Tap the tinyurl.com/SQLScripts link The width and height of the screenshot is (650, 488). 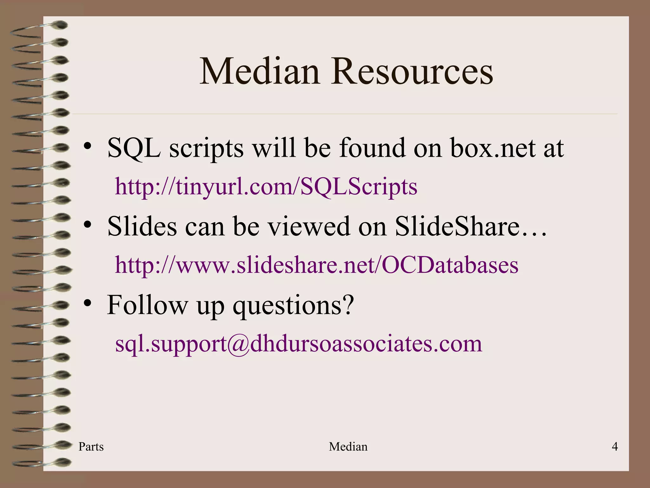(266, 186)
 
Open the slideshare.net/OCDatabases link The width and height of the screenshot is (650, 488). (316, 265)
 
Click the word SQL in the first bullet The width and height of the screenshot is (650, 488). (134, 148)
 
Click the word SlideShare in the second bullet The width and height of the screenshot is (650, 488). (457, 226)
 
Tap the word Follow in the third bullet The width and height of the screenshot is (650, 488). (147, 305)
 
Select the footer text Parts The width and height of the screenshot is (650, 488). (91, 447)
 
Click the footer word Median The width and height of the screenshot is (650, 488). (348, 447)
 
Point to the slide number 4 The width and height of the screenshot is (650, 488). (615, 447)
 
